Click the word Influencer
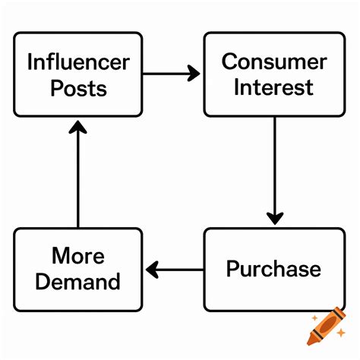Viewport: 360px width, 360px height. [78, 62]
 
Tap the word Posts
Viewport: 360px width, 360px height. [79, 88]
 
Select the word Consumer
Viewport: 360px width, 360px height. [274, 62]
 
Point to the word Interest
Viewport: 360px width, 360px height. [273, 87]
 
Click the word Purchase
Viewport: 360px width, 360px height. [273, 269]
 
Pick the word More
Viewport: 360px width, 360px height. [78, 256]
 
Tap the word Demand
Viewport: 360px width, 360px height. [77, 282]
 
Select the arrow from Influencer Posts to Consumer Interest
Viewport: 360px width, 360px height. [171, 74]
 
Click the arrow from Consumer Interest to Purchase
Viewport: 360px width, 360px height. [275, 171]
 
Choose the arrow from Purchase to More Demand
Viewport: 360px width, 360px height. [175, 270]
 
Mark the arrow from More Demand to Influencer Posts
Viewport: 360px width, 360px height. [77, 174]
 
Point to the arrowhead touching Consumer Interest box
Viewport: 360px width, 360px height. [194, 74]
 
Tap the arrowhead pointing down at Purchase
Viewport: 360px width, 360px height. [275, 219]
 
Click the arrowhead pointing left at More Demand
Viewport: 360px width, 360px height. [152, 270]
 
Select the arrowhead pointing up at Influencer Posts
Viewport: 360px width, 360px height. [77, 127]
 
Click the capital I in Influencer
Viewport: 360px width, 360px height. [30, 62]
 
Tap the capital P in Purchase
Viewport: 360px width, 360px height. [232, 268]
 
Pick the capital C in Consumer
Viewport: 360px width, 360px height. [229, 62]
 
